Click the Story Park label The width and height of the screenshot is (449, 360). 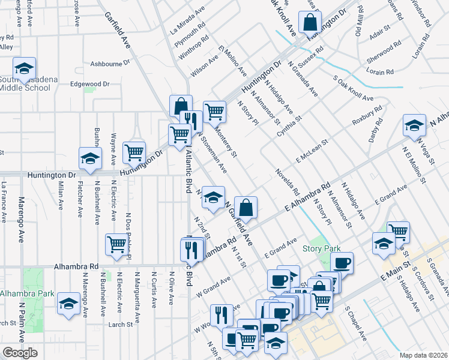coord(321,248)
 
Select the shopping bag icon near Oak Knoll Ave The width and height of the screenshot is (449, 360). coord(310,23)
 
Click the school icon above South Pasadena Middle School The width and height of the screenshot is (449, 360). coord(25,69)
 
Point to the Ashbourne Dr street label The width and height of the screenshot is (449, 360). coord(110,63)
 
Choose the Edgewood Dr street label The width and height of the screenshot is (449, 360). coord(90,85)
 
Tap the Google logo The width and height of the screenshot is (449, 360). coord(20,353)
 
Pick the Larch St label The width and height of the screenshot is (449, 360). coord(121,325)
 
